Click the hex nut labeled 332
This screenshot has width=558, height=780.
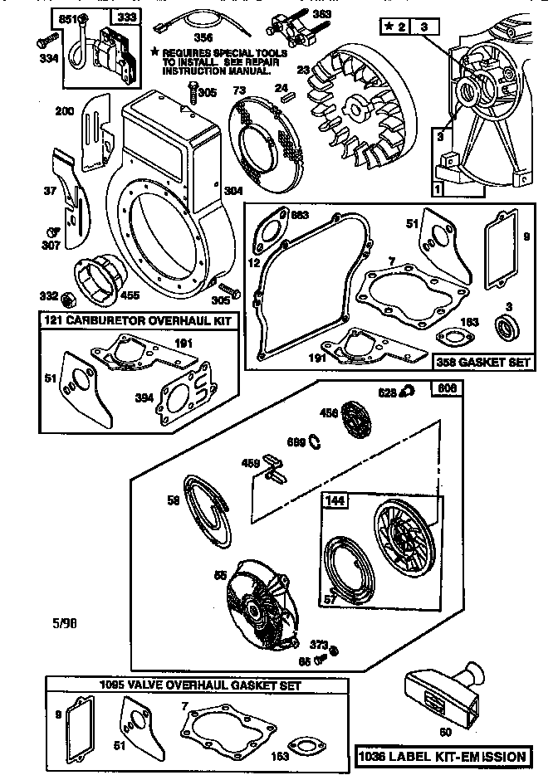click(72, 296)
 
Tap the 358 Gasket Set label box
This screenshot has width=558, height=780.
click(483, 362)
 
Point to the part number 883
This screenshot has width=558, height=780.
click(301, 216)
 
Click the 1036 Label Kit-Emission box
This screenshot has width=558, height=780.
click(442, 756)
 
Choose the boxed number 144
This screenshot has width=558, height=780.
click(335, 500)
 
